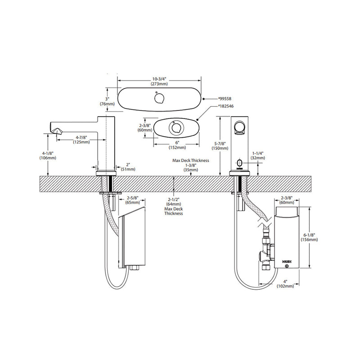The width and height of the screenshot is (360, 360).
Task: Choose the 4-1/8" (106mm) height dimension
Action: click(x=47, y=155)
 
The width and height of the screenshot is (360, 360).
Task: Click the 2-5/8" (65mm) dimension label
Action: click(x=132, y=200)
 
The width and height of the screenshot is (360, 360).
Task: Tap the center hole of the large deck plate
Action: click(x=159, y=98)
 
